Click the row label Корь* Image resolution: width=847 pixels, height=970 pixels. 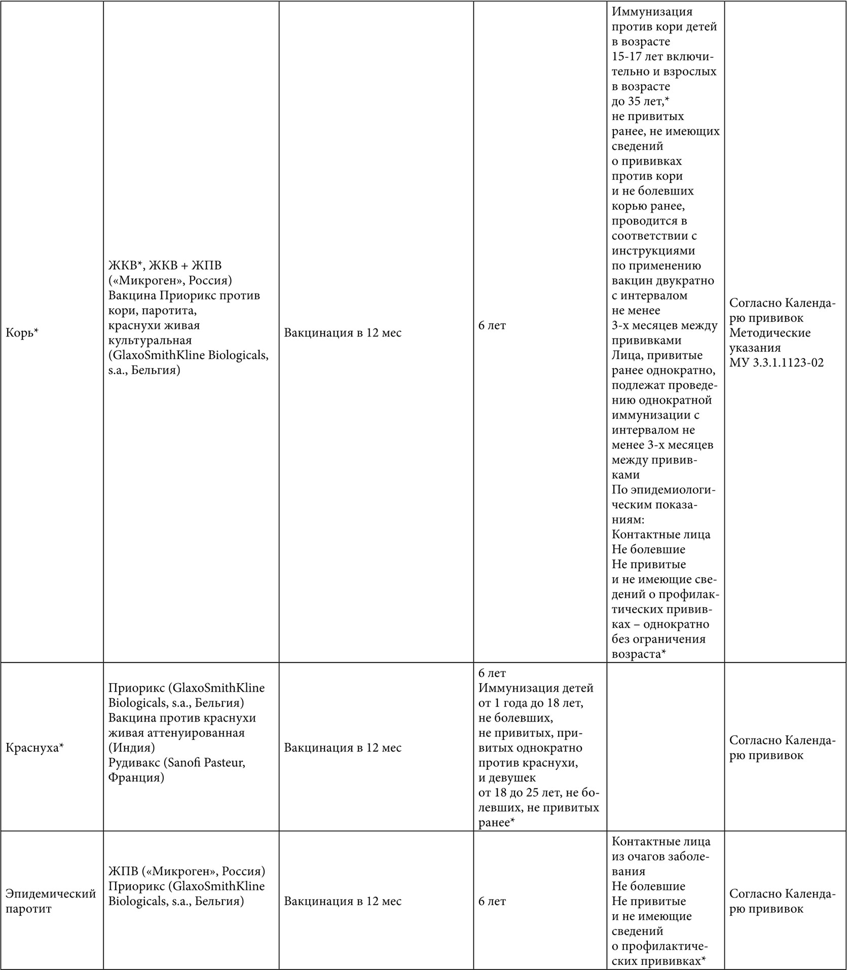pos(22,332)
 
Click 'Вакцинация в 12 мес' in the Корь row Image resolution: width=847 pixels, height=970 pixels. pos(343,333)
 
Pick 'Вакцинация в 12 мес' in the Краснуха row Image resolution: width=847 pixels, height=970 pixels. pos(343,748)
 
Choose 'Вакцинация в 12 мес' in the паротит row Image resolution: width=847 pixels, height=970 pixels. pos(343,901)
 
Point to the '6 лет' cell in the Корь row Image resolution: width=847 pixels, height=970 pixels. pos(492,325)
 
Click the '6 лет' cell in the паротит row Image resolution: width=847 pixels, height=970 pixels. pos(492,901)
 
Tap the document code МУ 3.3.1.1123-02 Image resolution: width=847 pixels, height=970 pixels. pos(777,363)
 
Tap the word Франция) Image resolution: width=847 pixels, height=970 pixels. pos(136,777)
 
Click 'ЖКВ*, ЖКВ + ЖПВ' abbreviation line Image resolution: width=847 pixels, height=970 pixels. pos(165,265)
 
